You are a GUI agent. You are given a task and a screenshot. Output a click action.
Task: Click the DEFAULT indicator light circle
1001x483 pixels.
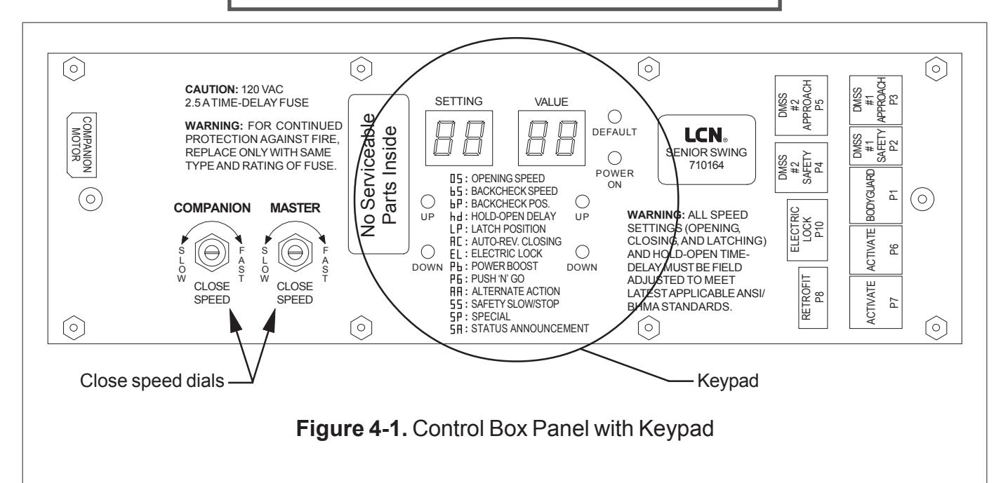pyautogui.click(x=614, y=116)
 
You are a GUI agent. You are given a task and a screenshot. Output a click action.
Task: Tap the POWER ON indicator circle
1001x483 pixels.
pyautogui.click(x=614, y=158)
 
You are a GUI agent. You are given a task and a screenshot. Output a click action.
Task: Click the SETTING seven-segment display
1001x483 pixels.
pyautogui.click(x=459, y=138)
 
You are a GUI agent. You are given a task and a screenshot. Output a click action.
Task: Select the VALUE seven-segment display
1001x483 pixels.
pyautogui.click(x=552, y=138)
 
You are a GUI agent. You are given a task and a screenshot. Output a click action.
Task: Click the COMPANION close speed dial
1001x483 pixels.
pyautogui.click(x=212, y=252)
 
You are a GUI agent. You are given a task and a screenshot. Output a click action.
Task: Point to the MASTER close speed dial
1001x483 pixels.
pyautogui.click(x=295, y=252)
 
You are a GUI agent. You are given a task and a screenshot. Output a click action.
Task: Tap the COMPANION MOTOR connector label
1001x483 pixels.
pyautogui.click(x=81, y=145)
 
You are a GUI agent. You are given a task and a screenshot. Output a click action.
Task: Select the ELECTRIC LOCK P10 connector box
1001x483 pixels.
pyautogui.click(x=807, y=230)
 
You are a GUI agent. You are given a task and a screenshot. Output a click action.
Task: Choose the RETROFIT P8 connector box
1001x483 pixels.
pyautogui.click(x=813, y=298)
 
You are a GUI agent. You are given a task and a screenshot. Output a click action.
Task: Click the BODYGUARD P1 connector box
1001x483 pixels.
pyautogui.click(x=876, y=195)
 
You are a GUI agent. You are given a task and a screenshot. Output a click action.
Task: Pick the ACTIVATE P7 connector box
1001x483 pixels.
pyautogui.click(x=876, y=302)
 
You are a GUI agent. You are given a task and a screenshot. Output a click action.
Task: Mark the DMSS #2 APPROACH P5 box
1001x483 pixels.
pyautogui.click(x=801, y=105)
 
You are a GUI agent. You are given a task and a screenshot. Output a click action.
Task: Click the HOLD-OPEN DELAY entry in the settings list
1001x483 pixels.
pyautogui.click(x=503, y=217)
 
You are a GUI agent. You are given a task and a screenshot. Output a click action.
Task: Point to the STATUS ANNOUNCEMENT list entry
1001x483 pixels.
pyautogui.click(x=519, y=329)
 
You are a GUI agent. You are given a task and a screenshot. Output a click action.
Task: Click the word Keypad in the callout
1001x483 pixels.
pyautogui.click(x=727, y=381)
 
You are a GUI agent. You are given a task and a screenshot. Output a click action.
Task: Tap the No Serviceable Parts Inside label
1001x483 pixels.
pyautogui.click(x=378, y=175)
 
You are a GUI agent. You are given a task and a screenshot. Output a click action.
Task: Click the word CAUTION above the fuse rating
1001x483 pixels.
pyautogui.click(x=211, y=89)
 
